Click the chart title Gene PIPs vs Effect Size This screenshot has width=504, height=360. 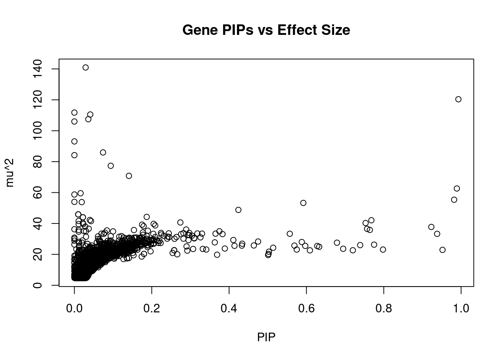(266, 30)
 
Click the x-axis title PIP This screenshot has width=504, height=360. (266, 337)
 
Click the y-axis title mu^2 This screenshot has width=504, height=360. (10, 172)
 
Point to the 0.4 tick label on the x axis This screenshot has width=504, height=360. (229, 308)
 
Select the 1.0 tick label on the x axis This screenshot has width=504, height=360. (461, 308)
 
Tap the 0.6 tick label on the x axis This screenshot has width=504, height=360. (306, 308)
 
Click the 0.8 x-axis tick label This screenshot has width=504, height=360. (384, 308)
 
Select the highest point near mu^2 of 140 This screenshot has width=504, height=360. (85, 67)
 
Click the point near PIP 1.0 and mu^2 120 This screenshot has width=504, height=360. (458, 99)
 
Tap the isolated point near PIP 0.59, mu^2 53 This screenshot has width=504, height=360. (303, 203)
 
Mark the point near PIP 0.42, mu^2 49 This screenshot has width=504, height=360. (238, 210)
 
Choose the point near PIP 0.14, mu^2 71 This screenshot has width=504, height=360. (129, 176)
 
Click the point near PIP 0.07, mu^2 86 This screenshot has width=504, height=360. (103, 152)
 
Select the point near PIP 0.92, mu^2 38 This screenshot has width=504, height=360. (431, 227)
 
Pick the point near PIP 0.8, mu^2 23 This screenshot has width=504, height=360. (383, 250)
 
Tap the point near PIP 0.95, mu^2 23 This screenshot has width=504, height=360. (442, 250)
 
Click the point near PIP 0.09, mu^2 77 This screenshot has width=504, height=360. (111, 166)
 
